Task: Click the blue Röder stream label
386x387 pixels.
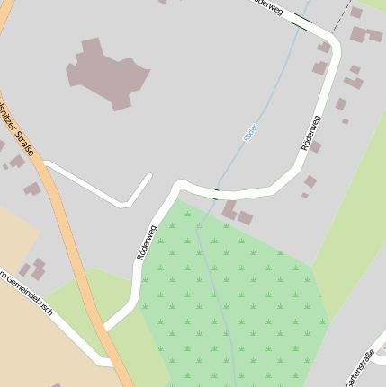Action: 250,132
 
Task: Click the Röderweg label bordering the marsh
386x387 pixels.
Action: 146,242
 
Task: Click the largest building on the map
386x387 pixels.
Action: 107,73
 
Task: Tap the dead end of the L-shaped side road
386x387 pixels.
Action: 148,177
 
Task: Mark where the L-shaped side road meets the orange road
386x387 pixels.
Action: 46,164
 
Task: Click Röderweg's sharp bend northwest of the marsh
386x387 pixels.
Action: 178,186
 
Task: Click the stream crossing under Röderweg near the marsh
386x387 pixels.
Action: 216,193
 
